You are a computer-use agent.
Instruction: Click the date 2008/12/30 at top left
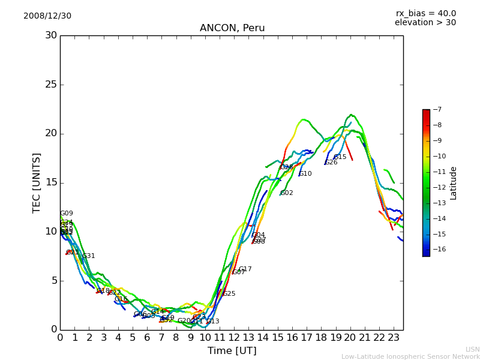[47, 16]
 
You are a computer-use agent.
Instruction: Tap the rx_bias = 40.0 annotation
[425, 14]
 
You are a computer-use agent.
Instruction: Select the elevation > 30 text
[425, 23]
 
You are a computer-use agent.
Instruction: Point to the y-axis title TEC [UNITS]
[37, 182]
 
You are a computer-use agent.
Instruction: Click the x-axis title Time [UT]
[232, 350]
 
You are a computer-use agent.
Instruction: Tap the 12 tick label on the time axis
[234, 338]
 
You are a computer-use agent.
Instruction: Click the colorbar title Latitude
[454, 182]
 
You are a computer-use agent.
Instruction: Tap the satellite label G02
[287, 193]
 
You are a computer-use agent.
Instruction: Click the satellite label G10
[305, 174]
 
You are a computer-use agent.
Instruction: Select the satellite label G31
[89, 256]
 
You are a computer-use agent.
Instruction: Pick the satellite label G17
[245, 269]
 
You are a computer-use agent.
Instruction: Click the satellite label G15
[340, 157]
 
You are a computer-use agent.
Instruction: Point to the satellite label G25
[229, 294]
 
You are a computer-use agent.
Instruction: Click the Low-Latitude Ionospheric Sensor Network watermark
[410, 356]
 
